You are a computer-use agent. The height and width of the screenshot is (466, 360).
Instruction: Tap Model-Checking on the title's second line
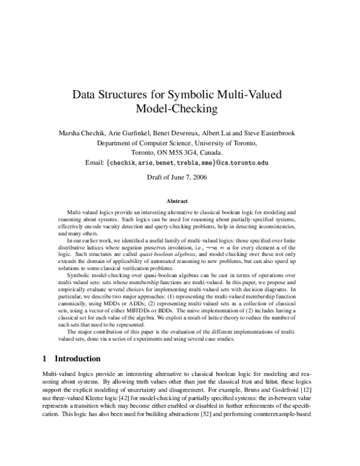click(179, 109)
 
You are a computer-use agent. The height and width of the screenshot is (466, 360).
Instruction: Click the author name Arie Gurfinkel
click(122, 133)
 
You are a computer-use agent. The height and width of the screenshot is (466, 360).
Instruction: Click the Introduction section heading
click(77, 359)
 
